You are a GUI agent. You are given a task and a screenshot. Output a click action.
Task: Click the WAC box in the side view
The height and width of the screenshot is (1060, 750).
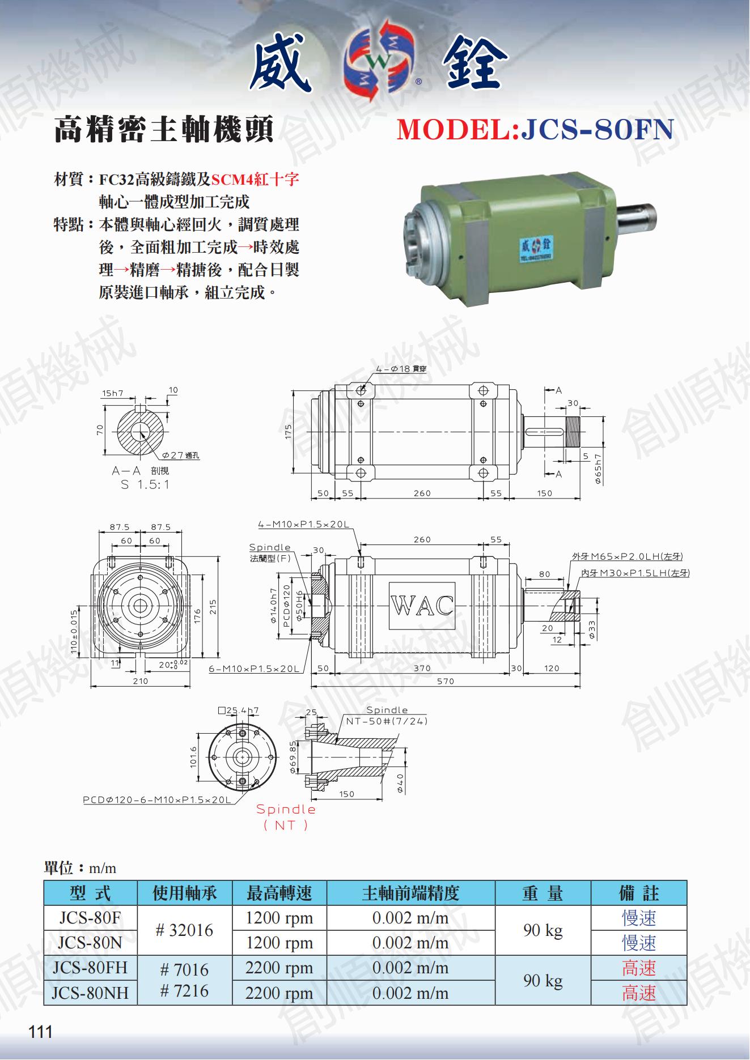[x=422, y=606]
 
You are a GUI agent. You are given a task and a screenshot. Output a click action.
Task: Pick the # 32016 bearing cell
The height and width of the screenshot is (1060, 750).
[x=185, y=930]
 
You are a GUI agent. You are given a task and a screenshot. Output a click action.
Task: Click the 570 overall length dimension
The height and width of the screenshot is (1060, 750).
[x=446, y=681]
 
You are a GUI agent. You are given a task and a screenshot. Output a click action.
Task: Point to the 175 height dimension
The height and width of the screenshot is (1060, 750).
[x=289, y=432]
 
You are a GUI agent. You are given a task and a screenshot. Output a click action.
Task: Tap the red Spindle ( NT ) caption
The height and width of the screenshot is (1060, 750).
[x=286, y=817]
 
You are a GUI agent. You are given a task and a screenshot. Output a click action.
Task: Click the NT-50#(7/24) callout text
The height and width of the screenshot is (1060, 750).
[x=387, y=721]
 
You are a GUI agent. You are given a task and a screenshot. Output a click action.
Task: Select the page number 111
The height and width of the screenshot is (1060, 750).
[x=40, y=1032]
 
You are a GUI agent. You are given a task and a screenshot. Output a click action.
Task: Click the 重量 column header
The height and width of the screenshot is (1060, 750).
[x=543, y=893]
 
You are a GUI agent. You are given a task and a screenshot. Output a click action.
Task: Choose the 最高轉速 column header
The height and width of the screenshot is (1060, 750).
[x=279, y=893]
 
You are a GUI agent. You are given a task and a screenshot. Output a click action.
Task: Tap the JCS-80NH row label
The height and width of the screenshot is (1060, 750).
[x=91, y=993]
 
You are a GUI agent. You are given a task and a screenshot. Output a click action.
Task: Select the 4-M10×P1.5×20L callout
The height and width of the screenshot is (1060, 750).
[x=303, y=525]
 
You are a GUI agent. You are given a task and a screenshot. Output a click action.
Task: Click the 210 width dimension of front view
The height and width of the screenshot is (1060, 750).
[x=140, y=681]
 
